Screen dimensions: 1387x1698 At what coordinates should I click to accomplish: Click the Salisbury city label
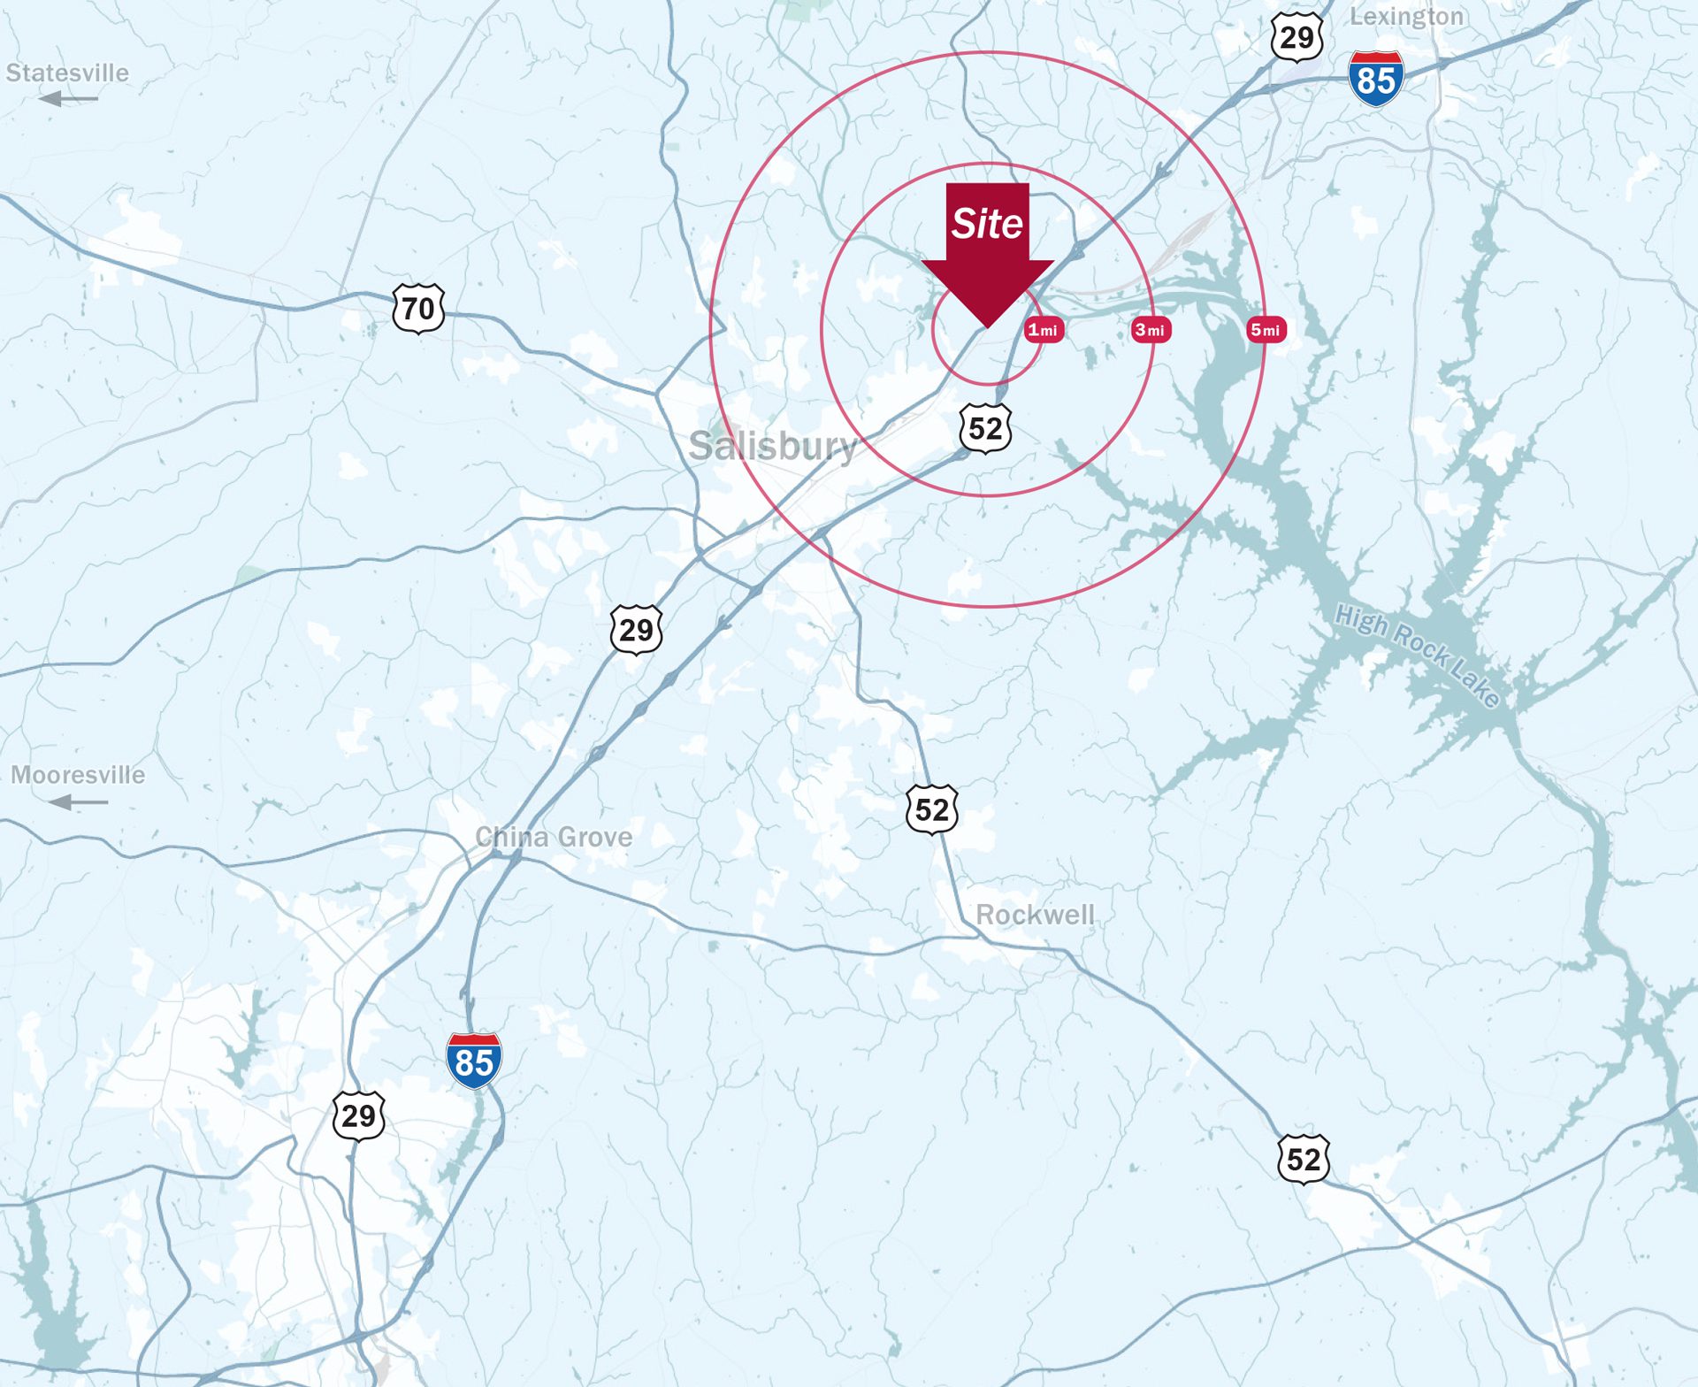click(x=773, y=445)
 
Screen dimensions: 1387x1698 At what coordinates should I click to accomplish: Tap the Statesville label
click(x=67, y=73)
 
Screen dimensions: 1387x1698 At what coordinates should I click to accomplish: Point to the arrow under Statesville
click(x=68, y=98)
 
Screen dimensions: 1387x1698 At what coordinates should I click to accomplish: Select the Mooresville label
click(x=78, y=775)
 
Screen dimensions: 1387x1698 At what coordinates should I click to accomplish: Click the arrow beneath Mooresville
click(x=78, y=802)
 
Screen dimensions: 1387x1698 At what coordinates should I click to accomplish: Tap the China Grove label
click(x=554, y=837)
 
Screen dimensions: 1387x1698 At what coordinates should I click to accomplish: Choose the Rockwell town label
click(x=1035, y=915)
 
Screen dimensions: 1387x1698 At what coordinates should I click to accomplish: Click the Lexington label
click(x=1406, y=17)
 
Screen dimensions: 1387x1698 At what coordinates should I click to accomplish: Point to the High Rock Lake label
click(x=1418, y=655)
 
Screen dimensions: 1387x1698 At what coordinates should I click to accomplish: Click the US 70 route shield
click(x=418, y=308)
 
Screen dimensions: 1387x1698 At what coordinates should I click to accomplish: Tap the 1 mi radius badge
click(x=1044, y=330)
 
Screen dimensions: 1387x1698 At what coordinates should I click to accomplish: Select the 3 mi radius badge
click(x=1151, y=330)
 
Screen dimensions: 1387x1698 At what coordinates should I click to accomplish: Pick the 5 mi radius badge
click(x=1266, y=330)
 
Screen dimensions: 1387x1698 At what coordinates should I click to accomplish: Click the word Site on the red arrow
click(x=987, y=223)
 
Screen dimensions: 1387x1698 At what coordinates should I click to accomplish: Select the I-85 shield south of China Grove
click(x=474, y=1061)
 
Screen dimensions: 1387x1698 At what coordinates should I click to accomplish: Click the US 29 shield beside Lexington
click(x=1296, y=37)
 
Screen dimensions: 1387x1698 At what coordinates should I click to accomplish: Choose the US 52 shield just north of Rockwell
click(x=932, y=808)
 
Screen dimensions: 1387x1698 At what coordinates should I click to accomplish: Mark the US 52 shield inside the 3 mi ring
click(x=985, y=428)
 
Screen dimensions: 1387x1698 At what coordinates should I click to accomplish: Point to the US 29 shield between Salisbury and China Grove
click(x=636, y=630)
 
